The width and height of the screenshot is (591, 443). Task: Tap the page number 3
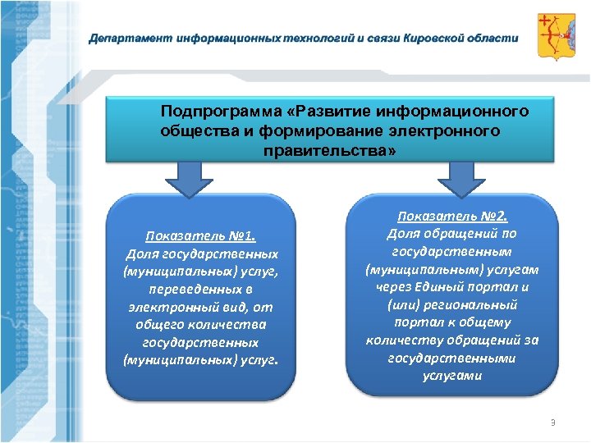(552, 422)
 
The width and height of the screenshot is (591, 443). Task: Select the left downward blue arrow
(191, 177)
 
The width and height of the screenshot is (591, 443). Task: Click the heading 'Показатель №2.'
(453, 217)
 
